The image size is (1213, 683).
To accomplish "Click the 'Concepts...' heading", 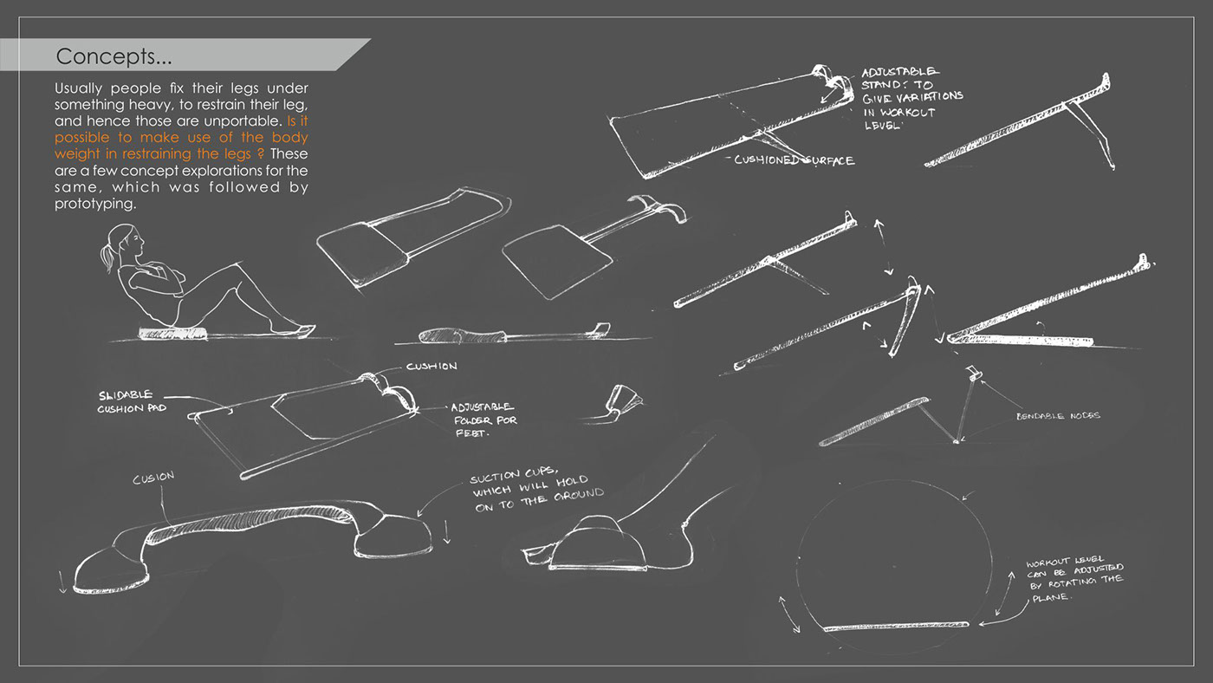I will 114,57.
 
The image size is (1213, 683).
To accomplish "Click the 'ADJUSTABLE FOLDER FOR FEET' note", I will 482,419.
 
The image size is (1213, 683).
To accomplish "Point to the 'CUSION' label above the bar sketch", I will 153,478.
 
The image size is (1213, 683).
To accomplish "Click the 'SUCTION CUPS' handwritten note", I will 536,491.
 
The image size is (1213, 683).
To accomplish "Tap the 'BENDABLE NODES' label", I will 1058,416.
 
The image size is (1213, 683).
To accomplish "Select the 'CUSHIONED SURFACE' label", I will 794,160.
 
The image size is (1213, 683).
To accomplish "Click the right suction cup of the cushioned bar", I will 395,535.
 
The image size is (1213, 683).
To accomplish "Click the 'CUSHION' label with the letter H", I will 431,367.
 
